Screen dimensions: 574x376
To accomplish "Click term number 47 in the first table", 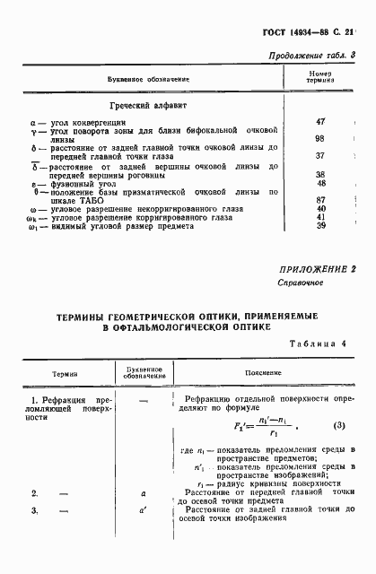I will tap(319, 120).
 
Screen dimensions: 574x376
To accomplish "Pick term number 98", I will tap(319, 137).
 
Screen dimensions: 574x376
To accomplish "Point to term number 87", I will tap(319, 198).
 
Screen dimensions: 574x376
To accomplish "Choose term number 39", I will tap(319, 225).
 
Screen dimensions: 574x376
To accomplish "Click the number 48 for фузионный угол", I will tap(319, 182).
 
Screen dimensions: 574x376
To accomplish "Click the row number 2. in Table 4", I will tap(35, 493).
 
